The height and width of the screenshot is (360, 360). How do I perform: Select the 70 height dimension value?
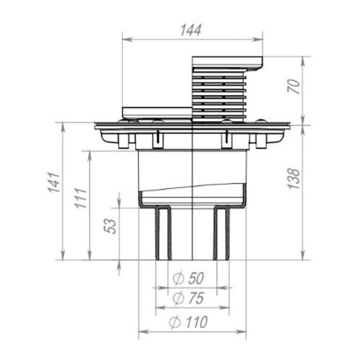[x=293, y=88]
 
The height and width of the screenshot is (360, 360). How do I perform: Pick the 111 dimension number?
[x=80, y=198]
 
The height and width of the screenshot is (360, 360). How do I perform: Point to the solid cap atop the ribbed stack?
[x=227, y=62]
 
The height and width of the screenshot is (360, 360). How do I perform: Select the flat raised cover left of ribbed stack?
[x=157, y=112]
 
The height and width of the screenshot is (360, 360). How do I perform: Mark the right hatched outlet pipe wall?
[x=221, y=234]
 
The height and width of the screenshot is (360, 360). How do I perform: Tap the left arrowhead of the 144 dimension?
[x=125, y=40]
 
